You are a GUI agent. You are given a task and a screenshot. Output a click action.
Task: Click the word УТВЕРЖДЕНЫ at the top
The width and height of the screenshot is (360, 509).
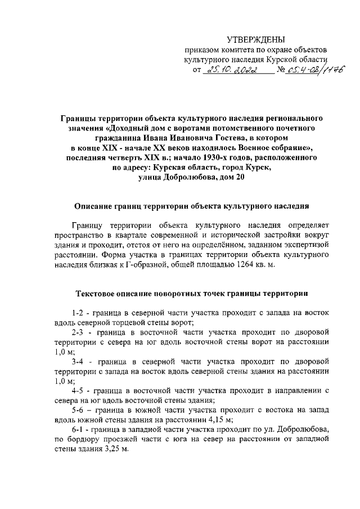click(x=256, y=39)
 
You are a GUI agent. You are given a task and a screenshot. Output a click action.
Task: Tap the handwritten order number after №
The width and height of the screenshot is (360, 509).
click(x=308, y=70)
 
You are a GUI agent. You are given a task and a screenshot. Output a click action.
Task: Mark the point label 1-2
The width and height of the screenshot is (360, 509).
click(x=79, y=313)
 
